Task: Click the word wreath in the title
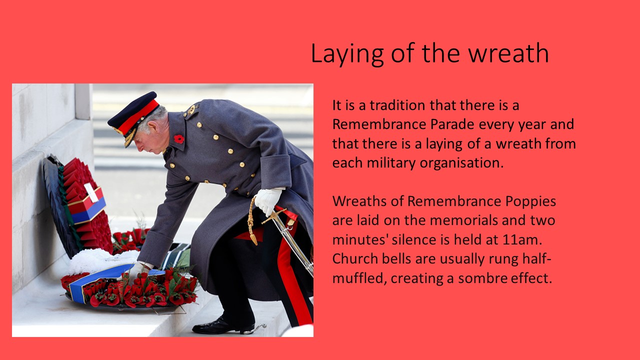508,53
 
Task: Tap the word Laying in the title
347,54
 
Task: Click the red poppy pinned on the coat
179,139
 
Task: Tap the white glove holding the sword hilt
268,201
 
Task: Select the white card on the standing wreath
91,192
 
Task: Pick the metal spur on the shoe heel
255,329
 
